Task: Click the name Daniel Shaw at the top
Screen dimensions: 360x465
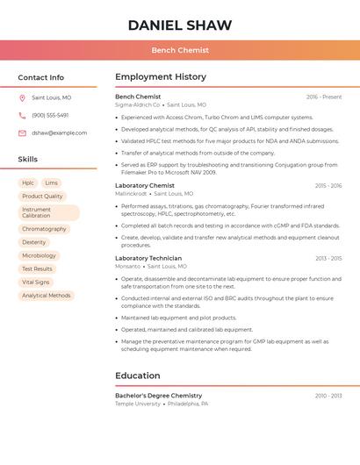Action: click(x=180, y=25)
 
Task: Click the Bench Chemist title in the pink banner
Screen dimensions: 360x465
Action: click(x=180, y=50)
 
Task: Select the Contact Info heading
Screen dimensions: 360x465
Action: click(x=41, y=77)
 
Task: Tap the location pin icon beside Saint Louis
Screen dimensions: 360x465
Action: click(x=22, y=98)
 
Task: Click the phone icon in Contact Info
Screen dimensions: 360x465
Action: click(x=22, y=115)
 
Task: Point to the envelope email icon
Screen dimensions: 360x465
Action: click(x=22, y=132)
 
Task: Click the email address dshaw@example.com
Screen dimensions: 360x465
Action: click(x=60, y=132)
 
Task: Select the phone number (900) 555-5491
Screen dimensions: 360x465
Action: click(x=50, y=115)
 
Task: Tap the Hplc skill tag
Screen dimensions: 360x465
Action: click(x=28, y=183)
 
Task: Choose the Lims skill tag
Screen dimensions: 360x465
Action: click(x=51, y=183)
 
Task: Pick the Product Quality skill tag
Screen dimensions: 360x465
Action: click(x=42, y=197)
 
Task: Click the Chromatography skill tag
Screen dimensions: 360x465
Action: click(x=44, y=229)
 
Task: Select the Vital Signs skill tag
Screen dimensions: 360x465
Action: click(x=36, y=283)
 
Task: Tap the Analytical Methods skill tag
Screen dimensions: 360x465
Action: click(x=47, y=296)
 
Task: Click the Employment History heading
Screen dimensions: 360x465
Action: click(x=161, y=77)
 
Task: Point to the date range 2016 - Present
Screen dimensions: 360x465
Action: click(x=324, y=97)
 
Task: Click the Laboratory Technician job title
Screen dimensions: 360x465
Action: click(x=148, y=258)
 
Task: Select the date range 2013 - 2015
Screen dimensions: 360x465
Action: click(x=328, y=258)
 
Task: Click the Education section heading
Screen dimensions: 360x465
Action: click(x=138, y=376)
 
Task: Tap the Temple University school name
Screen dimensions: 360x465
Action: click(x=138, y=404)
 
